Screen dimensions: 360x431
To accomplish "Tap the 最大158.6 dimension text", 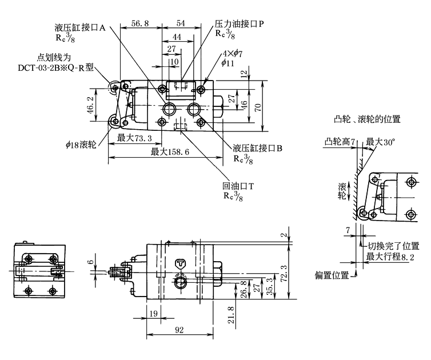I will click(x=170, y=151).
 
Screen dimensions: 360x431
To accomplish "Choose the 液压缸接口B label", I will click(x=258, y=148).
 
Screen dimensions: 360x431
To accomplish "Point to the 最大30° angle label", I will click(x=381, y=142).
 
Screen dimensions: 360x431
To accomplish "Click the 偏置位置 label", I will click(x=332, y=275).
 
